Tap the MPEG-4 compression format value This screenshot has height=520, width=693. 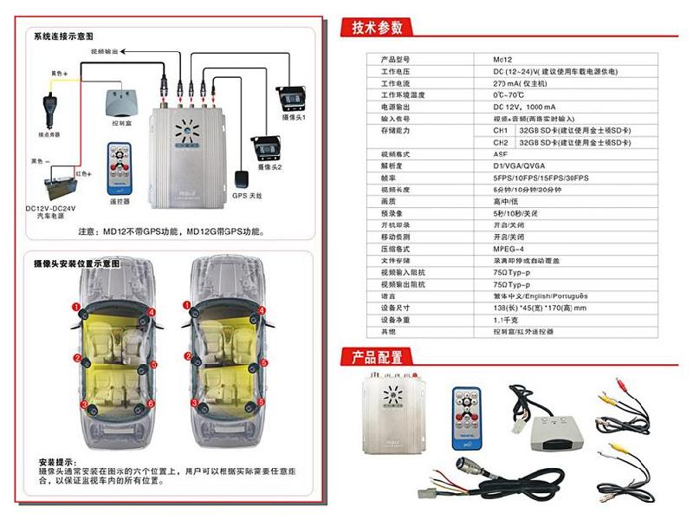[x=510, y=247]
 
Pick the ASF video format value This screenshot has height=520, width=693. [x=501, y=153]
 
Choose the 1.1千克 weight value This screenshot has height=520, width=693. [x=509, y=319]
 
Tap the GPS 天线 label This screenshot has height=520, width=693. [x=248, y=196]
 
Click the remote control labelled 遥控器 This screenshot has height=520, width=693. [x=115, y=166]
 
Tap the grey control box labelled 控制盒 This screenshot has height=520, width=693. [x=120, y=105]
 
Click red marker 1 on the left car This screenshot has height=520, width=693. [x=76, y=306]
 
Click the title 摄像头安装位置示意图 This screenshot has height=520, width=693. [x=76, y=263]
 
